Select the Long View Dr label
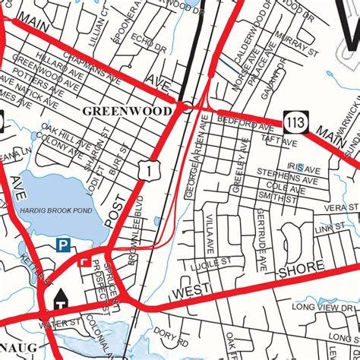click(x=318, y=307)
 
